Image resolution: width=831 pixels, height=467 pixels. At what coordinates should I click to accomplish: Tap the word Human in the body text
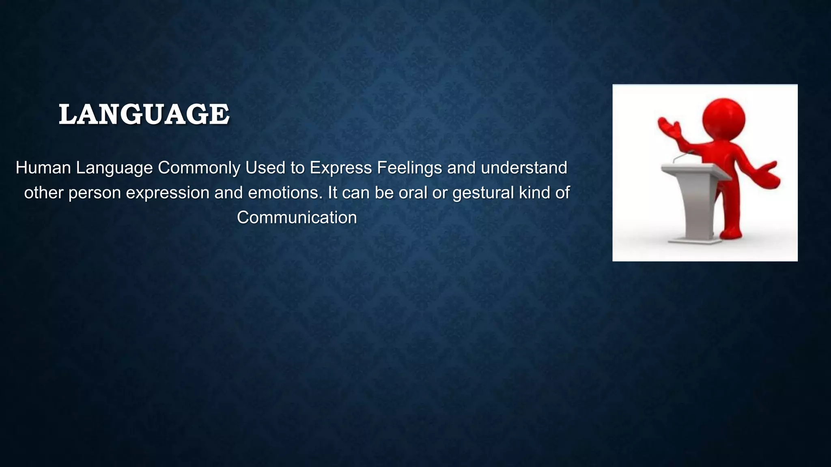pos(43,168)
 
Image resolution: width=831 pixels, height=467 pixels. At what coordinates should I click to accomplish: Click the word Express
pos(341,168)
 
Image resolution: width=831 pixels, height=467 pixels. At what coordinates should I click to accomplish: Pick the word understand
pos(524,168)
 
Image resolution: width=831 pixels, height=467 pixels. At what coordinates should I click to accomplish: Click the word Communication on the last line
pos(297,218)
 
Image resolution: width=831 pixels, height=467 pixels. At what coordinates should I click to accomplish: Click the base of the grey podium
pos(695,240)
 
